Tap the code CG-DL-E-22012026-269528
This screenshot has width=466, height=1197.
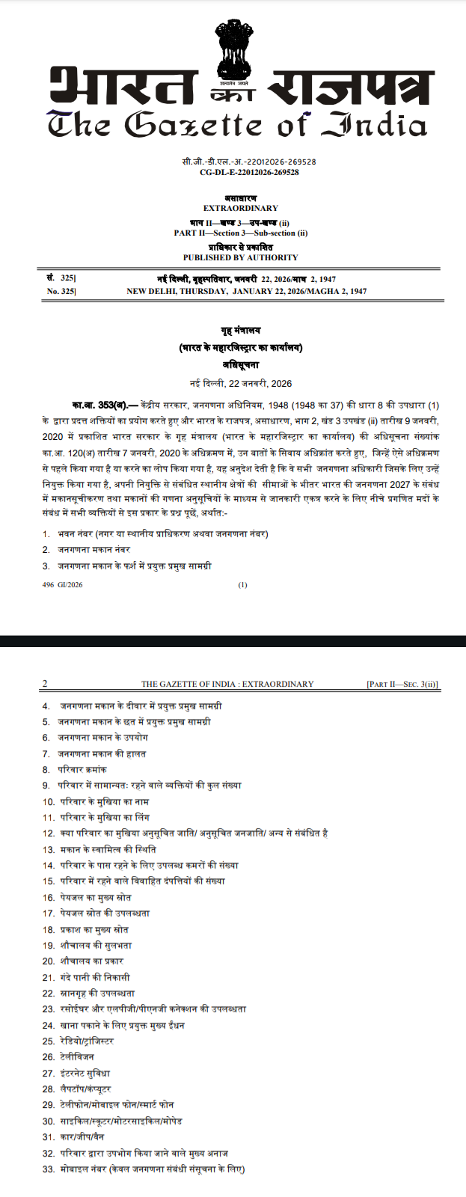point(249,172)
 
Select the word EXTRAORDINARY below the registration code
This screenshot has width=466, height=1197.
point(240,208)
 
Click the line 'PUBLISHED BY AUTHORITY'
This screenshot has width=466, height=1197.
point(240,257)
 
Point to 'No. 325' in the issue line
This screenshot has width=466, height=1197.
point(61,291)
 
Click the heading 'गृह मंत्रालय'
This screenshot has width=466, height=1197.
point(240,331)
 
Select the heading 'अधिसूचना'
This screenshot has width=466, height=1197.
point(240,365)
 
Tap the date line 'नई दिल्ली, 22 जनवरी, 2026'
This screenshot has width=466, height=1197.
point(240,384)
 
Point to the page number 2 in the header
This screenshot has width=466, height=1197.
point(45,684)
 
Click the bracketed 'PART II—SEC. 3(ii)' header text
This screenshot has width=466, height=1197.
point(402,684)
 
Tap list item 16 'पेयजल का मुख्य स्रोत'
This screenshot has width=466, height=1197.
point(95,897)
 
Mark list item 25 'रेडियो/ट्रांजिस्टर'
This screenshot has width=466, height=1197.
point(87,1041)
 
